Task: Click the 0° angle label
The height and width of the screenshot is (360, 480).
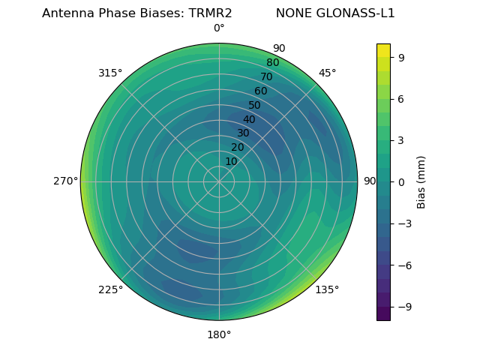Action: (219, 28)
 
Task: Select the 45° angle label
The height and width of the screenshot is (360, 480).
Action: (327, 73)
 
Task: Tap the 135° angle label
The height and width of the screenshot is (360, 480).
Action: (327, 289)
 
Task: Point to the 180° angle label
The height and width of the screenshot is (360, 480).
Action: (219, 334)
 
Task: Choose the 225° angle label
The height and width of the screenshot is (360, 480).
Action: (110, 290)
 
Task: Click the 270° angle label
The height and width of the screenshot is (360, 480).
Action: (66, 181)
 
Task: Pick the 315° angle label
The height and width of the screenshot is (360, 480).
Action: (110, 73)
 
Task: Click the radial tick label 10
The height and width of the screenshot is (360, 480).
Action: (231, 161)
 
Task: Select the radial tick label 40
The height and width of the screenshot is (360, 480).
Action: (249, 119)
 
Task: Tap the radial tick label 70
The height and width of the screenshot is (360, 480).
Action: (267, 77)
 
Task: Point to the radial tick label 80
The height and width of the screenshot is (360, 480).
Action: (273, 63)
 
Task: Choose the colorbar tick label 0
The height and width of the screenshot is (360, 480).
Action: (402, 182)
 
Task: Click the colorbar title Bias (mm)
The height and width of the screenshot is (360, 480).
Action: (421, 182)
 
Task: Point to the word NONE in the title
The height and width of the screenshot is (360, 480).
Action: (294, 13)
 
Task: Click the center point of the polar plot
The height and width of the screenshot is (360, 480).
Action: (219, 181)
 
